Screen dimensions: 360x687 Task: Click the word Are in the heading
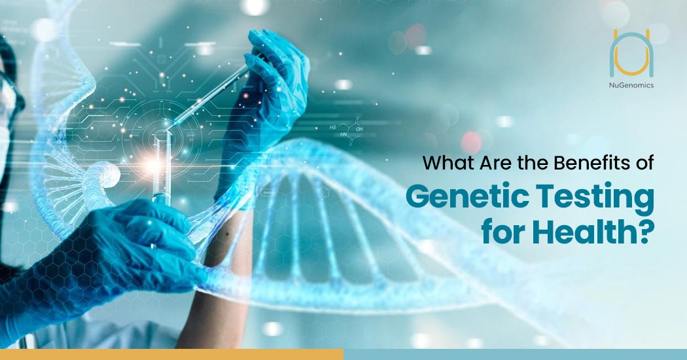(x=495, y=163)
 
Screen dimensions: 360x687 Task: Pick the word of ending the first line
(x=642, y=163)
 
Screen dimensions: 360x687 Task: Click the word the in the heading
(x=531, y=163)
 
